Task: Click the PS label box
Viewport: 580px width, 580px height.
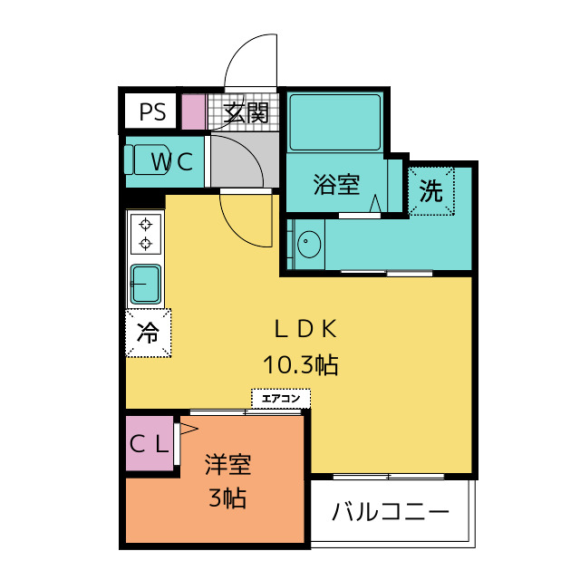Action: click(152, 112)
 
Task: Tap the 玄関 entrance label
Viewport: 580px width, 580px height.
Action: click(246, 113)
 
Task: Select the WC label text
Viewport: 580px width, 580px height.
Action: click(171, 162)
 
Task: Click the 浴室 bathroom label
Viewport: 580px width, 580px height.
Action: click(336, 186)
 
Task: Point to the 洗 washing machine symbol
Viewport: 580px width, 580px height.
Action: click(431, 191)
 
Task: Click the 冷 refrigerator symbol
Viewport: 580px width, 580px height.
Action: click(147, 333)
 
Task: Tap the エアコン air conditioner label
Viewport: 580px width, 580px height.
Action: click(281, 398)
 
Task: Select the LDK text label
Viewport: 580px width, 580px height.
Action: click(307, 328)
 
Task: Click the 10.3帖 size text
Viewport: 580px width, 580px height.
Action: click(301, 365)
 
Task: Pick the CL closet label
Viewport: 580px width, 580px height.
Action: click(148, 444)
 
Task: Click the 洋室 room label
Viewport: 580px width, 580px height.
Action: click(227, 466)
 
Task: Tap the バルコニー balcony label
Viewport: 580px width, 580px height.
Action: click(390, 513)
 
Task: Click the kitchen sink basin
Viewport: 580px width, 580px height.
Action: click(145, 284)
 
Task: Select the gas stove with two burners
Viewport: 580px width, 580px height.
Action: click(145, 233)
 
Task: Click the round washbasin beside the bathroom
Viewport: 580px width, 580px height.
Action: click(309, 243)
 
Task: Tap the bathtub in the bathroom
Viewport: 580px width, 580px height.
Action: click(334, 122)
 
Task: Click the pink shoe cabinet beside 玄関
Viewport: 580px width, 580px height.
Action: click(195, 112)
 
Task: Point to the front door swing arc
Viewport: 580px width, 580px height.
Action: click(250, 60)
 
